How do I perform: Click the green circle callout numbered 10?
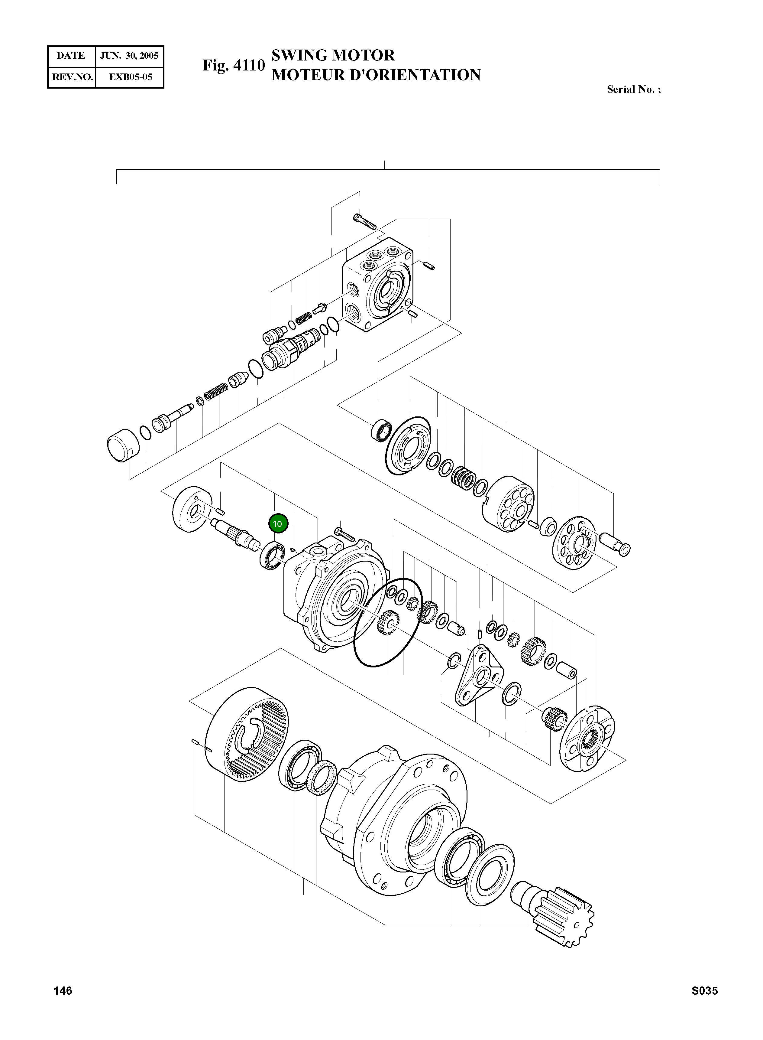click(x=278, y=524)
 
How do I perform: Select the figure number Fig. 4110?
click(x=234, y=66)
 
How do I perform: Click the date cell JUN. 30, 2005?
click(x=129, y=56)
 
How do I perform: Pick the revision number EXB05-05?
click(x=130, y=77)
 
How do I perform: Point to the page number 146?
click(x=63, y=990)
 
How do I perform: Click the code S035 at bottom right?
click(x=704, y=990)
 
